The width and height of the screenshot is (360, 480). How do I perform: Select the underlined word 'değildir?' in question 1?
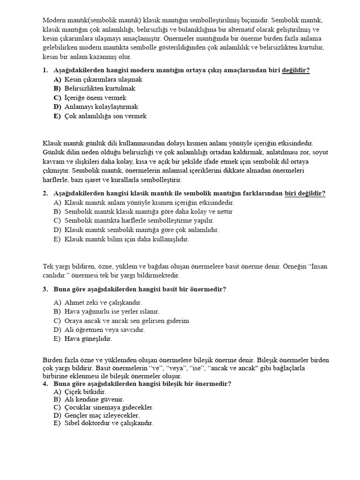[295, 70]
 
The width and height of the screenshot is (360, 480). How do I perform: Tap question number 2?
[45, 193]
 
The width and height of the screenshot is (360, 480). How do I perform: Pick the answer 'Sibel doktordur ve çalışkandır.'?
[109, 423]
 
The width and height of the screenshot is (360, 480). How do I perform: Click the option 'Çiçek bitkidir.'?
[85, 391]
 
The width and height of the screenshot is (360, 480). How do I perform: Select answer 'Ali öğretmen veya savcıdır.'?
[105, 330]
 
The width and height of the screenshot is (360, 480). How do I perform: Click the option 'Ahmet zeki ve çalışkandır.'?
[103, 303]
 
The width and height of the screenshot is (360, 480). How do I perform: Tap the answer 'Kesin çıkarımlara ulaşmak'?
[103, 80]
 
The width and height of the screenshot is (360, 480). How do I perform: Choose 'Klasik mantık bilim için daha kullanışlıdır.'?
[126, 239]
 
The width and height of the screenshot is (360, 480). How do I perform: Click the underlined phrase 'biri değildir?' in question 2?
[305, 193]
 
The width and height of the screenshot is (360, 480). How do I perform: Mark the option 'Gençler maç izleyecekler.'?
[102, 415]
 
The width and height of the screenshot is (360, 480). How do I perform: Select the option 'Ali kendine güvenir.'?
[94, 399]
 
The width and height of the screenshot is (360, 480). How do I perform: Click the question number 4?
[45, 383]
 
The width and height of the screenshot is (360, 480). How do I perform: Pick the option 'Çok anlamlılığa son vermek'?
[105, 116]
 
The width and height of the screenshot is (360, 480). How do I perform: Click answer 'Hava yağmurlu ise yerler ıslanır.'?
[112, 311]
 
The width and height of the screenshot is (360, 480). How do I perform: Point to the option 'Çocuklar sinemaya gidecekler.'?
[109, 407]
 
